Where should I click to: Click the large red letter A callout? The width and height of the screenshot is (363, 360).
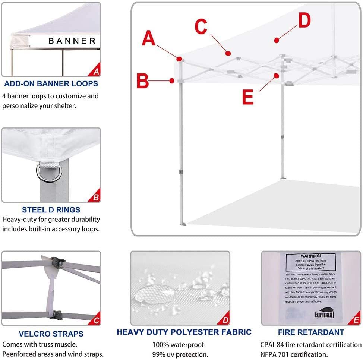pos(148,38)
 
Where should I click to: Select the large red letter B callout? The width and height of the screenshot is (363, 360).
pos(143,81)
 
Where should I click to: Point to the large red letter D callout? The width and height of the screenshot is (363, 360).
pos(304,21)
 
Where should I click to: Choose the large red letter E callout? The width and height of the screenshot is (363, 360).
pos(248,97)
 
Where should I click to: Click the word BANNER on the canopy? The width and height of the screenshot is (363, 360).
pos(72,41)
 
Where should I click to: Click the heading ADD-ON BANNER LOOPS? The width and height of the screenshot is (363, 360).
pos(51,83)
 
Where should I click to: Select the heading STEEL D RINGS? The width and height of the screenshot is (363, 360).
pos(51,210)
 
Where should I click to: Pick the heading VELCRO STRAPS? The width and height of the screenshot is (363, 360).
pos(51,334)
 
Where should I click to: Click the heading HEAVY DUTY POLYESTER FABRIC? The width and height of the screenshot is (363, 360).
pos(184,332)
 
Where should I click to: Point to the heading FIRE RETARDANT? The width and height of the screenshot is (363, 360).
pos(311,332)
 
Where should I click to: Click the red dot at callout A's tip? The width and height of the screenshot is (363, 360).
pos(180,59)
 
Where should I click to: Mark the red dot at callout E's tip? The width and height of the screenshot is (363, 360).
pos(277,76)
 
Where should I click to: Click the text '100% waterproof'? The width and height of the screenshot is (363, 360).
pos(178,345)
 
